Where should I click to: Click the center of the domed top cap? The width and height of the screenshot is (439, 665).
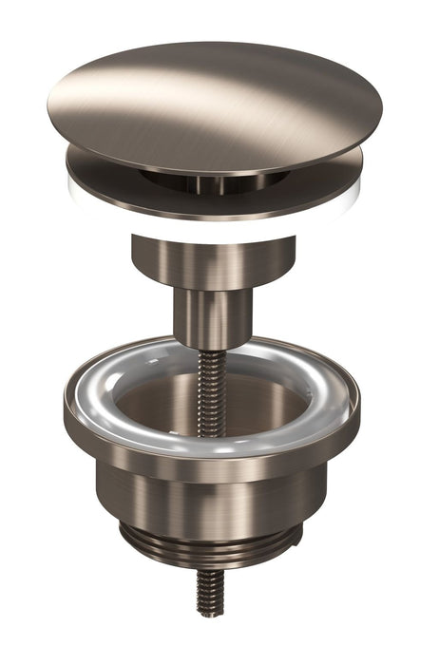tap(213, 104)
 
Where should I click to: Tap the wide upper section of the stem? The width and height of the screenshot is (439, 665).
tap(213, 261)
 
